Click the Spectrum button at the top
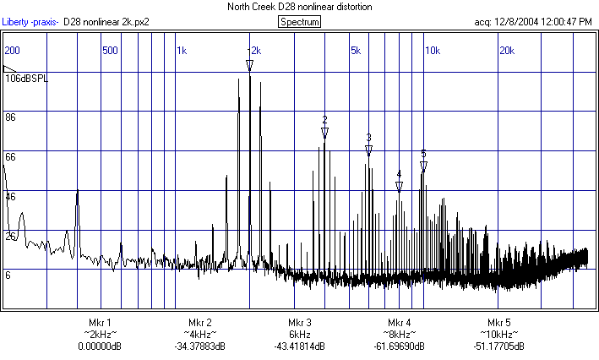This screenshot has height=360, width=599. (x=299, y=21)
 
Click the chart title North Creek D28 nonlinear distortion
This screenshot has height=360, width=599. (x=299, y=7)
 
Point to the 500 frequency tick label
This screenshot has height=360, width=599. (x=110, y=51)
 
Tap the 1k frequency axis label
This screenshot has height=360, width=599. (x=182, y=51)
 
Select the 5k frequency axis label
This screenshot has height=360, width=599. (x=356, y=51)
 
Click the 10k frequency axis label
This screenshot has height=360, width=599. (x=432, y=51)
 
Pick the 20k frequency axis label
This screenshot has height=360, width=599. (x=506, y=51)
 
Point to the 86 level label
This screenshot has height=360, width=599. (x=11, y=117)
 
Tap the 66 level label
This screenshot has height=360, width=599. (x=11, y=157)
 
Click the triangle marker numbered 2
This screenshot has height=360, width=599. (x=324, y=133)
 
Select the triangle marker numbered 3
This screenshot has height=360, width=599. (x=368, y=150)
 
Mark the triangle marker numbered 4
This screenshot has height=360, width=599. (x=399, y=186)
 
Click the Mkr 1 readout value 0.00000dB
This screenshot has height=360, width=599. (x=100, y=346)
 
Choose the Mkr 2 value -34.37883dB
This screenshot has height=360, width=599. (x=199, y=346)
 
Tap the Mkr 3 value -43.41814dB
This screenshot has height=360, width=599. (x=300, y=346)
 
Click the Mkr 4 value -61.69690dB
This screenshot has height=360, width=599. (x=400, y=346)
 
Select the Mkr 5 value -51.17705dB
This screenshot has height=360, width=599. (x=499, y=346)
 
